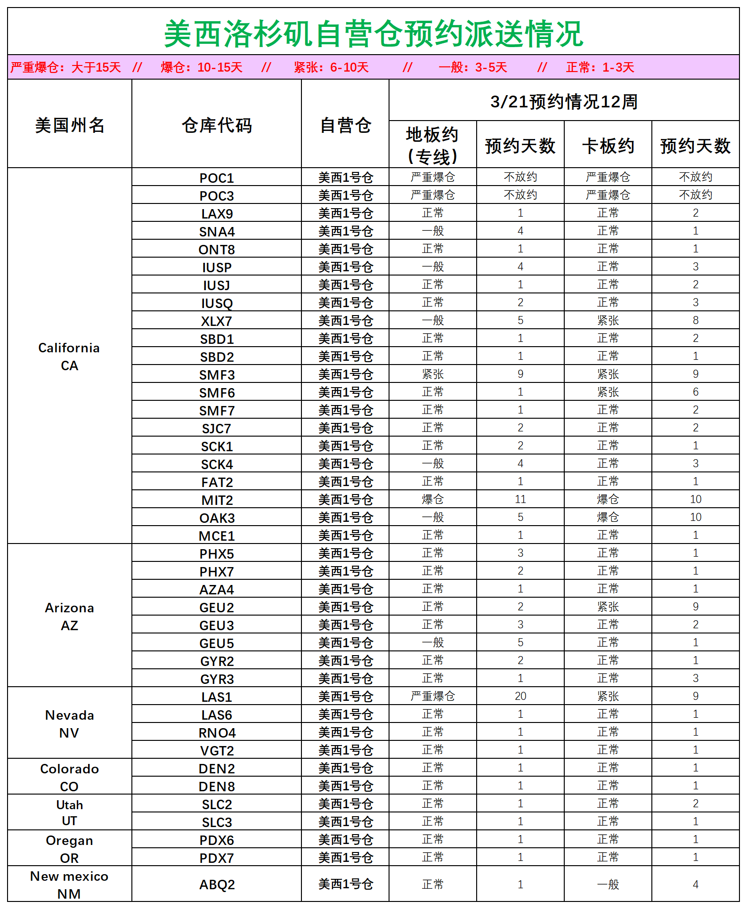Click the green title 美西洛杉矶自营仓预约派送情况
[373, 34]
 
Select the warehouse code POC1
[217, 178]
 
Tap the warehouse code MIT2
[217, 500]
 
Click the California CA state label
[69, 357]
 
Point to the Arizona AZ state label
[69, 617]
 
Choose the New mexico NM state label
[69, 885]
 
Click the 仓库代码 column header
[217, 125]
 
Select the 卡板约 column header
[608, 146]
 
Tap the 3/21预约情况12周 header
[564, 102]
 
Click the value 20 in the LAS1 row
[520, 696]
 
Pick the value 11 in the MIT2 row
[520, 499]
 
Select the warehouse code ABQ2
[217, 885]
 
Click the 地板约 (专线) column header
[432, 146]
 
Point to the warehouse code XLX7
[217, 321]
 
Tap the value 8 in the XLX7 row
[696, 320]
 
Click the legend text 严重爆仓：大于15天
[65, 67]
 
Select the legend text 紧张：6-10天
[331, 67]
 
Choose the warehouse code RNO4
[217, 733]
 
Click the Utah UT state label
[69, 812]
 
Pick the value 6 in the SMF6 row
[696, 392]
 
